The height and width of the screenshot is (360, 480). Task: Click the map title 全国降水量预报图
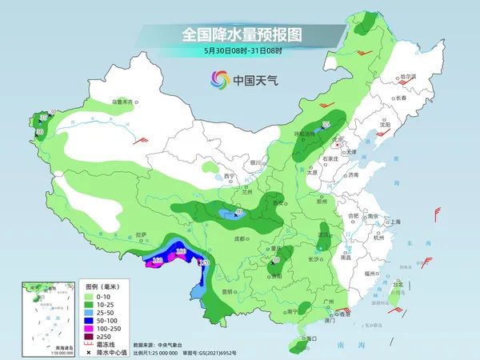pyautogui.click(x=239, y=36)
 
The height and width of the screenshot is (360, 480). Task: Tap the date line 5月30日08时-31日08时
pyautogui.click(x=239, y=52)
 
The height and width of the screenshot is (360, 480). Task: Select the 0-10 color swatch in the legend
pyautogui.click(x=92, y=296)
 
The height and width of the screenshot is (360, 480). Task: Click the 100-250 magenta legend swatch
pyautogui.click(x=92, y=327)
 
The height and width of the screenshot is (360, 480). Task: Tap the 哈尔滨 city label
pyautogui.click(x=408, y=77)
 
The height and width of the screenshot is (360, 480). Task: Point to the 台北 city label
pyautogui.click(x=395, y=284)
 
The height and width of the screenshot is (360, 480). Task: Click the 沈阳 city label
pyautogui.click(x=386, y=125)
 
